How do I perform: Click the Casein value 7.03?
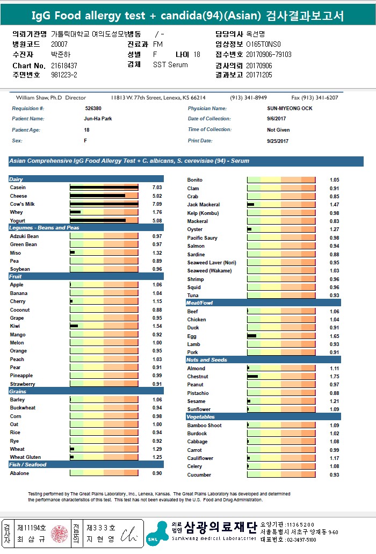tap(157, 188)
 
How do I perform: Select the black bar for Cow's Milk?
tap(104, 204)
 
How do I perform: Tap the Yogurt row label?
tap(18, 220)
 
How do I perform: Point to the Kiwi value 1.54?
tap(157, 326)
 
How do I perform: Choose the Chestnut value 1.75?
tap(334, 377)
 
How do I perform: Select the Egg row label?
tap(192, 336)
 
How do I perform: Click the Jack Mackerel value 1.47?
tap(334, 205)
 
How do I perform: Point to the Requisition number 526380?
tap(93, 109)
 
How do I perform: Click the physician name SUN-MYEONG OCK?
tap(290, 109)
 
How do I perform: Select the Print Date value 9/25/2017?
tap(278, 141)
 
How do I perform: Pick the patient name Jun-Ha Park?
tap(97, 119)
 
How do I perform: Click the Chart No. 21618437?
tap(64, 66)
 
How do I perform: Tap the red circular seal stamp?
tap(58, 534)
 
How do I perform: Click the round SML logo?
tap(157, 534)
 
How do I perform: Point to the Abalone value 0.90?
tap(157, 473)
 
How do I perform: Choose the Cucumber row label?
tap(199, 475)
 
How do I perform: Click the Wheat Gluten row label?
tap(25, 457)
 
